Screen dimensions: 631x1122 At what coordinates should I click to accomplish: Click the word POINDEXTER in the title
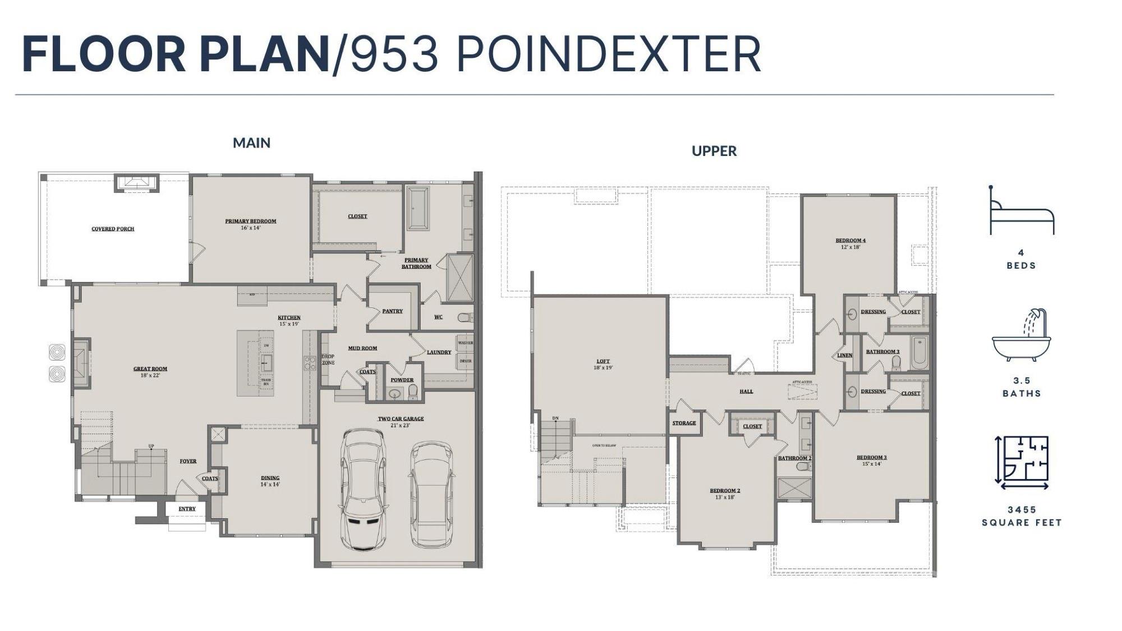[x=609, y=55]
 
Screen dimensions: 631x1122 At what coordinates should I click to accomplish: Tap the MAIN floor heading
[x=251, y=143]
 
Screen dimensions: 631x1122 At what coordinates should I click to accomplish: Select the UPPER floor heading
[x=714, y=151]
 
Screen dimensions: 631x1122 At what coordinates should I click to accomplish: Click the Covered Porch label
[x=113, y=229]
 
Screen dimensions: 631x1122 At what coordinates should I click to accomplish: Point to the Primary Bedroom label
[x=251, y=222]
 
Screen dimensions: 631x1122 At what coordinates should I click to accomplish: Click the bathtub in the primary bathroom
[x=417, y=208]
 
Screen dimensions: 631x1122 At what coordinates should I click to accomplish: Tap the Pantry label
[x=392, y=311]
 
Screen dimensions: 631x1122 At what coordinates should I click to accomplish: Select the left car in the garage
[x=364, y=490]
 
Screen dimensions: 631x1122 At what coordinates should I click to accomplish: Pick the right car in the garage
[x=431, y=494]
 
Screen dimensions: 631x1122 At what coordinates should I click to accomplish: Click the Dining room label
[x=270, y=478]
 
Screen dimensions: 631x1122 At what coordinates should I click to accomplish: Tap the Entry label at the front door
[x=187, y=509]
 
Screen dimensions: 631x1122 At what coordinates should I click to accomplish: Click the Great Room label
[x=150, y=369]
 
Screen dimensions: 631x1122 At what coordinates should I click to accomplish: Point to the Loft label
[x=603, y=362]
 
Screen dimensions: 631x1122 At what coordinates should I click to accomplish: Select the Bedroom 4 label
[x=850, y=241]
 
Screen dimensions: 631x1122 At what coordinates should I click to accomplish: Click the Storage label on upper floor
[x=684, y=423]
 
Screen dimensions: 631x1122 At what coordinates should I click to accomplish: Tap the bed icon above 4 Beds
[x=1021, y=213]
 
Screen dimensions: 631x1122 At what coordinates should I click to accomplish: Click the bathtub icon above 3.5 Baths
[x=1021, y=337]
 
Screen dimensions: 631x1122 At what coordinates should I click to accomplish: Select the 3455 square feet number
[x=1022, y=510]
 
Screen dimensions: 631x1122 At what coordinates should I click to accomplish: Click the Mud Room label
[x=362, y=348]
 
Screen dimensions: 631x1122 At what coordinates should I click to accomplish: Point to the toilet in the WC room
[x=465, y=317]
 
